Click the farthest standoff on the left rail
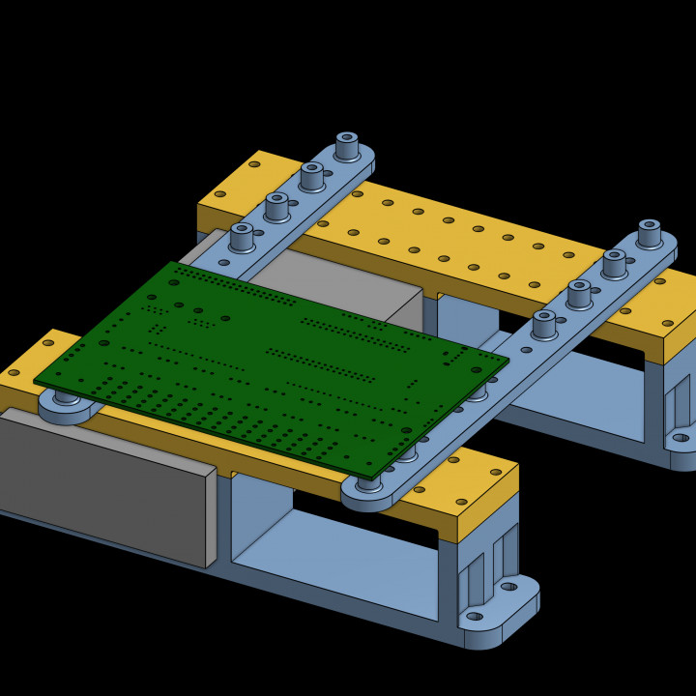tap(347, 146)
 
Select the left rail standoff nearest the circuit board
tap(242, 236)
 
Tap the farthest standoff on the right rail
tap(649, 233)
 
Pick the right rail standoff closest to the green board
tap(544, 323)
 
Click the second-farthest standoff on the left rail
tap(311, 176)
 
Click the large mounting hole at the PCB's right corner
tap(476, 369)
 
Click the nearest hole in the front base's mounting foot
tap(474, 616)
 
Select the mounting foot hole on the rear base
tap(680, 438)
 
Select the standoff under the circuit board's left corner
tap(67, 397)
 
